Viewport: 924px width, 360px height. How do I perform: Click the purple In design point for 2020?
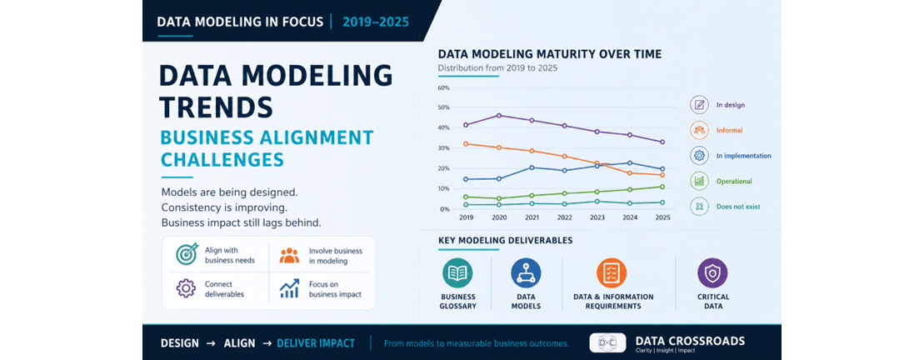coord(499,116)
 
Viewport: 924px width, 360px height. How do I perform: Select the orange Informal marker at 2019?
coord(466,144)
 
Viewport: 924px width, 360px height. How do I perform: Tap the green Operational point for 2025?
coord(662,187)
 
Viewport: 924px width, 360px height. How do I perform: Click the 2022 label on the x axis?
coord(565,217)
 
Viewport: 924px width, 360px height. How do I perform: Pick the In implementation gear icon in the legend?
coord(700,156)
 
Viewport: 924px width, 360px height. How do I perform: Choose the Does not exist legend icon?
coord(700,206)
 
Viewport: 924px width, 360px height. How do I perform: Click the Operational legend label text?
coord(734,182)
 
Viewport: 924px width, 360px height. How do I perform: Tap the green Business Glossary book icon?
coord(458,272)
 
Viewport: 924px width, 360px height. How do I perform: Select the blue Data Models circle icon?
coord(527,272)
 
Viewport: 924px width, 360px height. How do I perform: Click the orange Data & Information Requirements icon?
coord(612,272)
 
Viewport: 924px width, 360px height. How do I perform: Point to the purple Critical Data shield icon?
coord(712,272)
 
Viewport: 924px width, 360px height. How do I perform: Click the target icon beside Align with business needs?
coord(186,254)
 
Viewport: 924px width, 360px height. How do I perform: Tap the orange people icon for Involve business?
coord(289,255)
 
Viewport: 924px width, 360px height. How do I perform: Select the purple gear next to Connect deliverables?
coord(186,288)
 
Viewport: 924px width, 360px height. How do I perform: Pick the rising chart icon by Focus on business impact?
coord(289,288)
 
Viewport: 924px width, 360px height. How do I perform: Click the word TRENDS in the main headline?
coord(217,107)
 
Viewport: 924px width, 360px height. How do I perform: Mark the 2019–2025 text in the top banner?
coord(376,22)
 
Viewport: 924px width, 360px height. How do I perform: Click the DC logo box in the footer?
coord(607,342)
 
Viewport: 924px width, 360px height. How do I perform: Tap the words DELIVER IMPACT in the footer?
coord(316,342)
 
